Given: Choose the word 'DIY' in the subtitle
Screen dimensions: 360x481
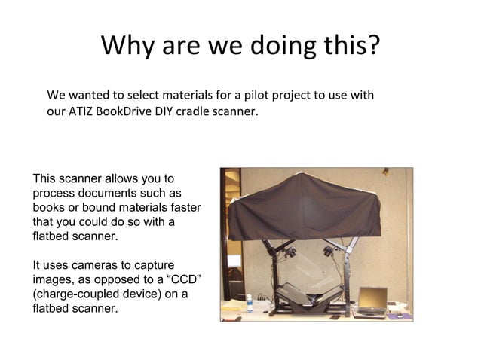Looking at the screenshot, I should point(161,113).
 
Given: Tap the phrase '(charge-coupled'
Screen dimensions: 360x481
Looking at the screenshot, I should point(73,294).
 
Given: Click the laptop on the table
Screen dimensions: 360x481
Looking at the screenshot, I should point(371,301).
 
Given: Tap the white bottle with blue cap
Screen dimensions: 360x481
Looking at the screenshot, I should point(249,304).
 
